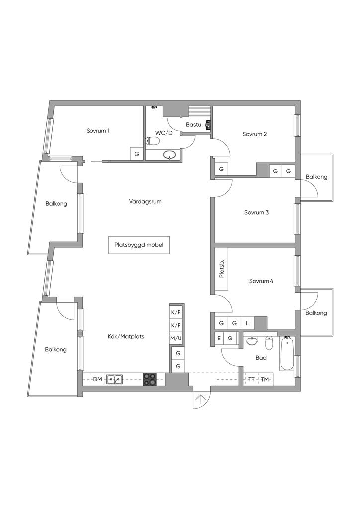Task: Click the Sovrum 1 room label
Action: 97,131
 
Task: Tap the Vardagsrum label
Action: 145,202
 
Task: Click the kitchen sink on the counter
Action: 115,380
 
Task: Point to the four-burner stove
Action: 150,380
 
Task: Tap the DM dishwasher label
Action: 97,380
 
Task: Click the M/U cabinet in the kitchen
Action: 176,339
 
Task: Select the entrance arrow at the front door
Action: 201,399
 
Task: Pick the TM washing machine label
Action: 265,380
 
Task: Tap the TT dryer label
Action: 252,380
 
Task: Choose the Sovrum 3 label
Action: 256,213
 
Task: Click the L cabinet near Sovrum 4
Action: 247,323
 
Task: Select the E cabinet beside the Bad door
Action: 219,339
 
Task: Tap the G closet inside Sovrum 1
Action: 137,154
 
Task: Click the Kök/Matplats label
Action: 126,337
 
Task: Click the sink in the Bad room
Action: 252,341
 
